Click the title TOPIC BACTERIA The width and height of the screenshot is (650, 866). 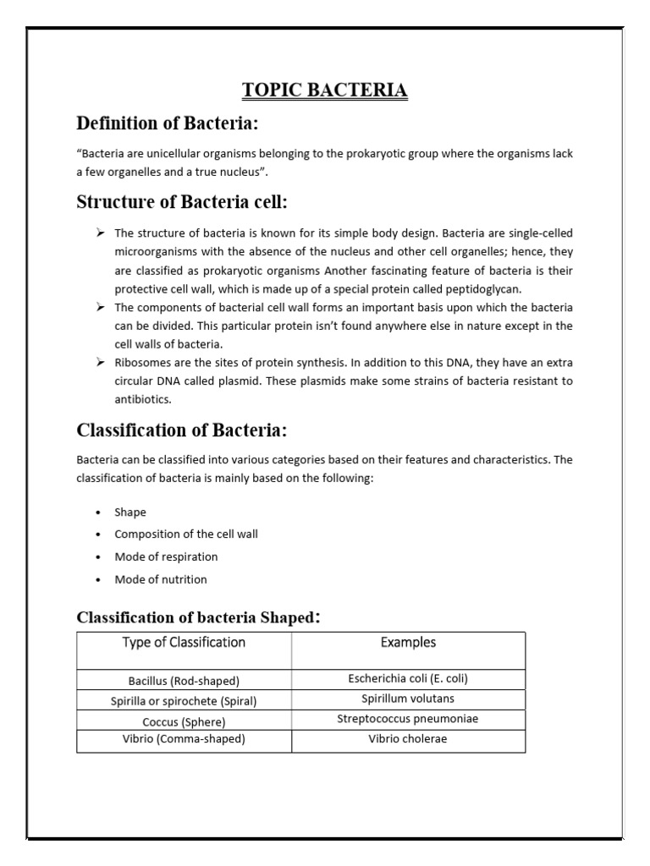[x=325, y=90]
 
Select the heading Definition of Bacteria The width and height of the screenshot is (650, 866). [x=167, y=123]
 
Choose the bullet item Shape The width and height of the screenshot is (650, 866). [x=129, y=512]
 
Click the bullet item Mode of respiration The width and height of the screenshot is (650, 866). [x=166, y=556]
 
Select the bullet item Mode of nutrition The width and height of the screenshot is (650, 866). [x=161, y=579]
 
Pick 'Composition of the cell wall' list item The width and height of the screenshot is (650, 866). [x=186, y=534]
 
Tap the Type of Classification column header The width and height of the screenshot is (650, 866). [x=184, y=643]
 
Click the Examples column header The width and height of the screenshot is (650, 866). [x=408, y=643]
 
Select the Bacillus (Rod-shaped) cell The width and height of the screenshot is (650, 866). [x=184, y=681]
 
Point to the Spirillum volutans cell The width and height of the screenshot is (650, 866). [x=408, y=699]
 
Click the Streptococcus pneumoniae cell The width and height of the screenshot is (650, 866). [x=408, y=719]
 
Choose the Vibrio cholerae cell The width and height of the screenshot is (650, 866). [x=408, y=738]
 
